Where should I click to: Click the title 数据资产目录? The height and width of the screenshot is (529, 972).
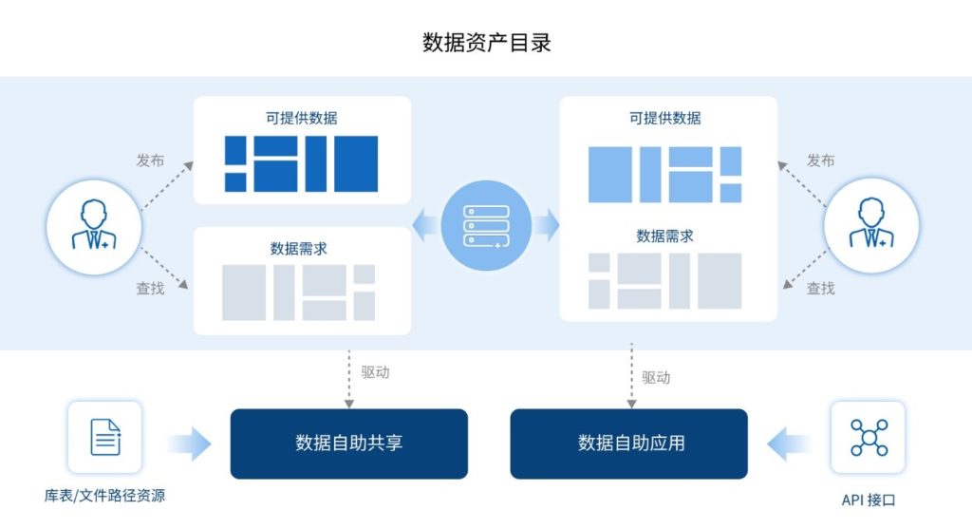tap(486, 43)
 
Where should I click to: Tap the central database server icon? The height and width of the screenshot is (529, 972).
tap(485, 225)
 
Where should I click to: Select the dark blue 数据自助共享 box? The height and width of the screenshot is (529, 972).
tap(348, 444)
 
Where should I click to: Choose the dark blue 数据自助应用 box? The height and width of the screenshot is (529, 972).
tap(629, 444)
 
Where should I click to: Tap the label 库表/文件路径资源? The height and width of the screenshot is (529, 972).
tap(105, 497)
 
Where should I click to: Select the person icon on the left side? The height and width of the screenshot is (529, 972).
tap(93, 227)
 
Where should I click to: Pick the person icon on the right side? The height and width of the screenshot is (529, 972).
tap(871, 227)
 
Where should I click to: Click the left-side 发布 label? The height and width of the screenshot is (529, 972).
tap(150, 161)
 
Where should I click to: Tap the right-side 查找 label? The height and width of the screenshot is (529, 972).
tap(820, 288)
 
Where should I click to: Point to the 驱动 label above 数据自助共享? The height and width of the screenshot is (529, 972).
tap(375, 372)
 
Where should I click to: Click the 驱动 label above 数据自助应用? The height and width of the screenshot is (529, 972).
tap(656, 377)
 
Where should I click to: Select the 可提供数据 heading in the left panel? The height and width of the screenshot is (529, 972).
tap(302, 119)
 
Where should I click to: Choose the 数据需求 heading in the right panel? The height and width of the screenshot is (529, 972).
tap(664, 236)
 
